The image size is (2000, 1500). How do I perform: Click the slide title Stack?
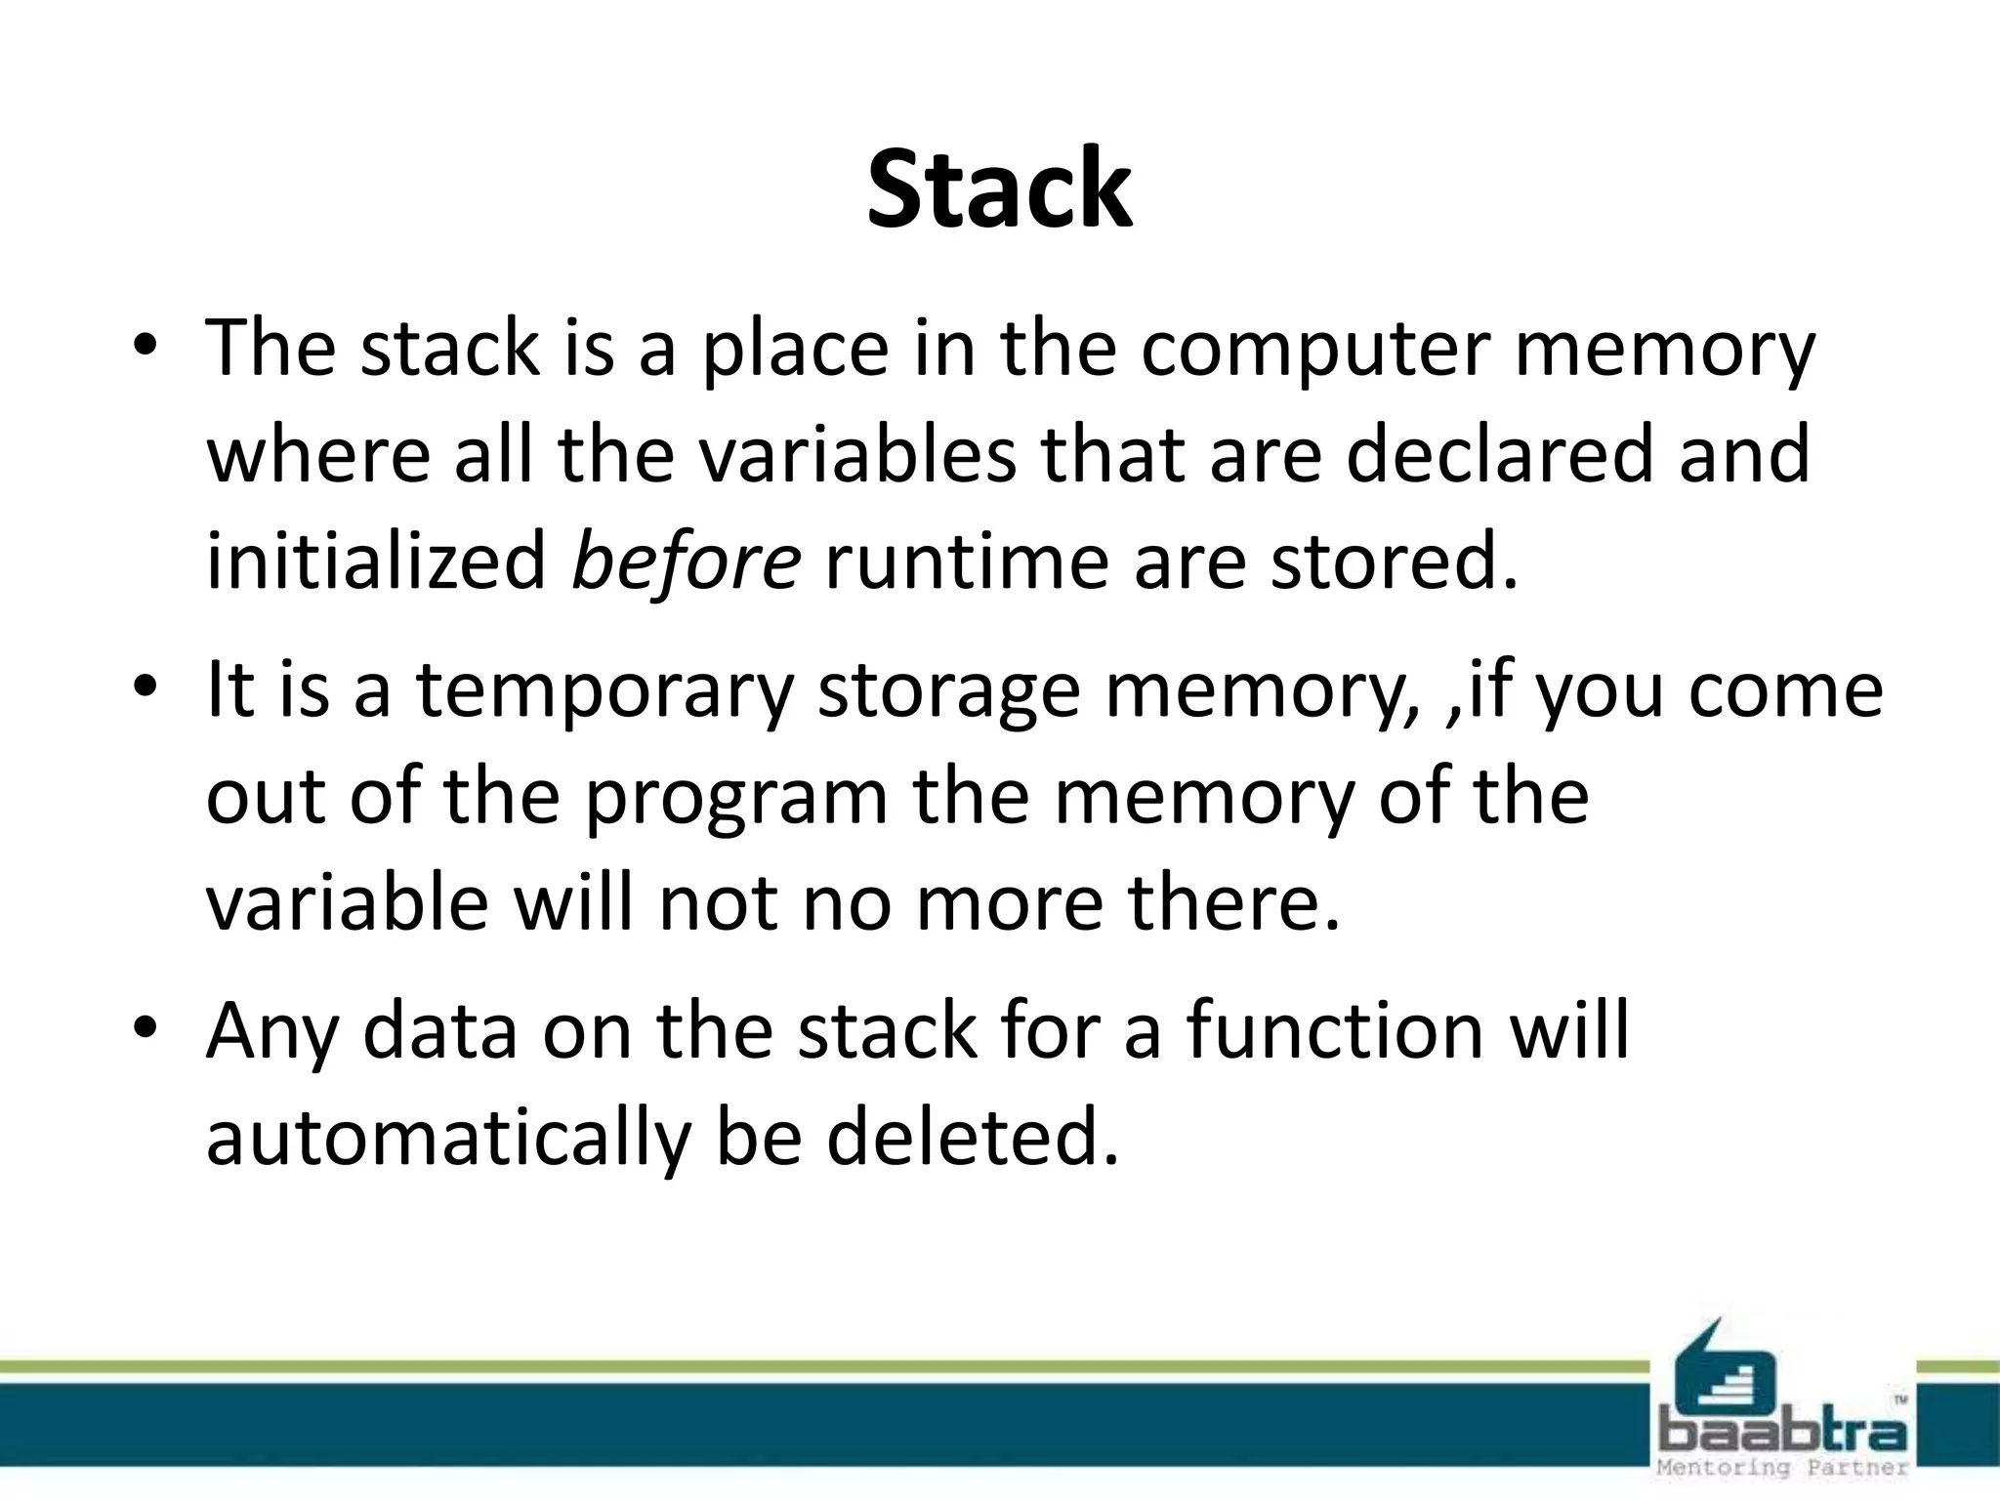click(999, 188)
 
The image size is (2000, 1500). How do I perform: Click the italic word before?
click(686, 562)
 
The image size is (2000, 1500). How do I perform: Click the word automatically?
click(448, 1139)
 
